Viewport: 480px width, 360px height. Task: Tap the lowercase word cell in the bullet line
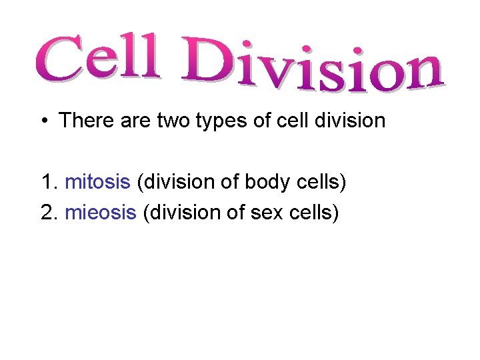(x=294, y=121)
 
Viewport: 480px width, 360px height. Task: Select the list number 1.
(x=47, y=181)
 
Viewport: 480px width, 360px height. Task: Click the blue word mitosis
(x=97, y=181)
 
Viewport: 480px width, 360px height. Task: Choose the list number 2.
(x=47, y=213)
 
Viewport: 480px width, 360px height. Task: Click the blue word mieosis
(x=101, y=213)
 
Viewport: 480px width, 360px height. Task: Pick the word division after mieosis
(x=178, y=213)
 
